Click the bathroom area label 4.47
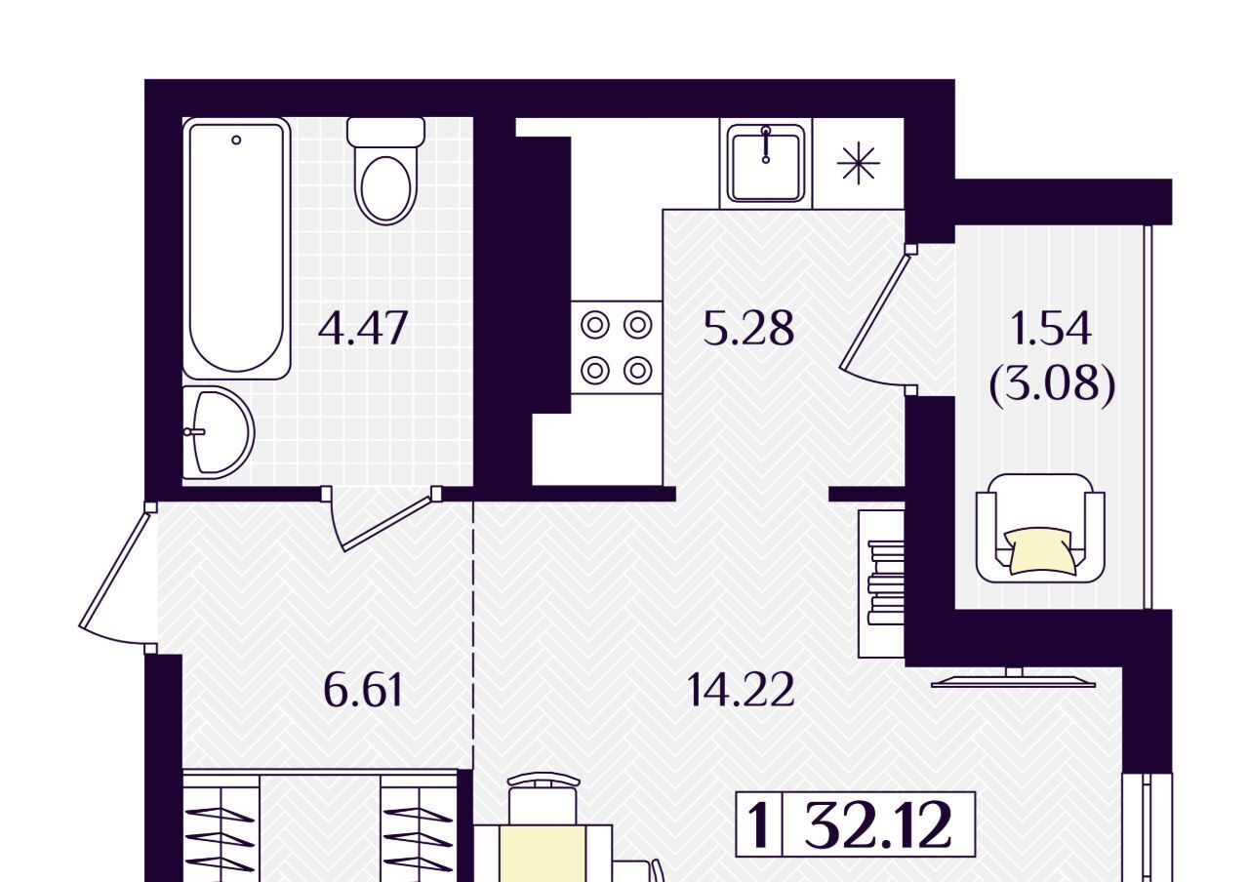(363, 329)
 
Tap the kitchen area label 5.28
(748, 329)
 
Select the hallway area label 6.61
(363, 690)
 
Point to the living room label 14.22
(741, 690)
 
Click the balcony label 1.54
(1051, 329)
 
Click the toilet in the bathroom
(385, 171)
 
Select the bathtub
(237, 248)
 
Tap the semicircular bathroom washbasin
(219, 432)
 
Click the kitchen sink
(766, 163)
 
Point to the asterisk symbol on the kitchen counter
(858, 163)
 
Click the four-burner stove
(617, 346)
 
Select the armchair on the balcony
(1040, 528)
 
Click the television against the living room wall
(1013, 678)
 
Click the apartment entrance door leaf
(114, 569)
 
